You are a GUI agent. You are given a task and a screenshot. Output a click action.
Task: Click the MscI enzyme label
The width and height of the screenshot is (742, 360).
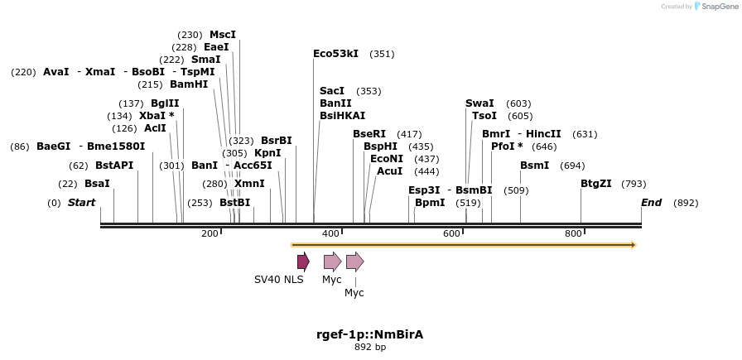pos(222,35)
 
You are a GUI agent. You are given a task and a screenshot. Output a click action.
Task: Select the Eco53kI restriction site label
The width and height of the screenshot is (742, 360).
pos(335,54)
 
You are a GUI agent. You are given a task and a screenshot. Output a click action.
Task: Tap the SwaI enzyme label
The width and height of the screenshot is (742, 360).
pos(479,103)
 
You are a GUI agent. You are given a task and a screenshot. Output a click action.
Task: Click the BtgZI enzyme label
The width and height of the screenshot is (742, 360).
pos(595,184)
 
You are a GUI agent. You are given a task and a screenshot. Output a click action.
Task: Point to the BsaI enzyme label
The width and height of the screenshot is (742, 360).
pos(97,184)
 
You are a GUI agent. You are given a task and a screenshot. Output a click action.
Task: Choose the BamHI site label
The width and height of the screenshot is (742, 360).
pos(189,84)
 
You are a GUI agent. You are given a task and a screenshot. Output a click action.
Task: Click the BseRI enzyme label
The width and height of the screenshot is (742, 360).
pos(369,134)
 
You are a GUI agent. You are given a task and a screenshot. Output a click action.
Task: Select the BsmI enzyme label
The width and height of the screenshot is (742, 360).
pos(534,166)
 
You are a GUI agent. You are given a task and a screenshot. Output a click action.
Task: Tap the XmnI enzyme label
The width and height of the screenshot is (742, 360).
pos(249,184)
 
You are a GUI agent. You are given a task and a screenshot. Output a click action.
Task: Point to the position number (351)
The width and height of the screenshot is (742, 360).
pos(382,54)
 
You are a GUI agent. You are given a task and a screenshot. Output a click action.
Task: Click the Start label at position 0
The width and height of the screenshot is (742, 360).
pos(81,203)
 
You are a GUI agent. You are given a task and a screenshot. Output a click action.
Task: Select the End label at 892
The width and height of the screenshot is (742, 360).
pos(652,203)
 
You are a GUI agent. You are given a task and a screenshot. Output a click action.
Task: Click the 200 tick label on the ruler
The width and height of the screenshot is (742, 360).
pos(210,233)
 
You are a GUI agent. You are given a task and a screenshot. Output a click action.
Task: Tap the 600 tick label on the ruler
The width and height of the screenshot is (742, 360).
pos(451,233)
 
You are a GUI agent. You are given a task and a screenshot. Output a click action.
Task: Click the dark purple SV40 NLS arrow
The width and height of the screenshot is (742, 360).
pos(303,262)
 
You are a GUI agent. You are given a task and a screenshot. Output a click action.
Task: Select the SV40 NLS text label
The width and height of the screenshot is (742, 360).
pos(278,280)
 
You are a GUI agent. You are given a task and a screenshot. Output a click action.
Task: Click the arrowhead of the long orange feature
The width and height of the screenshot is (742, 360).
pos(633,245)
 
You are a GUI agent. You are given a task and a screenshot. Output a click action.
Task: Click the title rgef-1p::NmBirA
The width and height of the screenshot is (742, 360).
pos(369,334)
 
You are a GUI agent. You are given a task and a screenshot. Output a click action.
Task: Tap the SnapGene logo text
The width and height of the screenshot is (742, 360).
pos(716,7)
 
